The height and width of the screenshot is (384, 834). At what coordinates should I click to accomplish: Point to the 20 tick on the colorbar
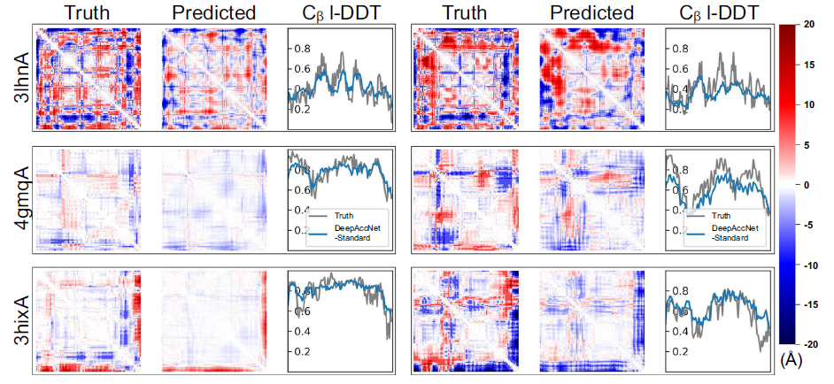807,26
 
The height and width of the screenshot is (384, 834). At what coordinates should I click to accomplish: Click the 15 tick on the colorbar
807,65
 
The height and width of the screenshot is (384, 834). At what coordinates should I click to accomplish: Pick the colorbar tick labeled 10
807,105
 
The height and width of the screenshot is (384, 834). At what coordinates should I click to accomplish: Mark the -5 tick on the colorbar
807,225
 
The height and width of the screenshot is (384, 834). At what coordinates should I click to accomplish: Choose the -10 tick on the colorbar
809,264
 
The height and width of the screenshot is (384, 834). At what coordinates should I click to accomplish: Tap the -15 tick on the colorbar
809,303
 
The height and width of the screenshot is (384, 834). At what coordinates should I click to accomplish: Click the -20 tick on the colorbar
809,343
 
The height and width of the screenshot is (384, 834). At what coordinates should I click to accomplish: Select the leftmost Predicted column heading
213,12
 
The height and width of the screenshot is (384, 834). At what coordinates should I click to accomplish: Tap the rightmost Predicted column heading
591,12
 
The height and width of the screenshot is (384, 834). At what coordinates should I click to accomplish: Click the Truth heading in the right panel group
466,12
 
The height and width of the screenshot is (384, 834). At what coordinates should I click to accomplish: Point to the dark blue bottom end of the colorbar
787,340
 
